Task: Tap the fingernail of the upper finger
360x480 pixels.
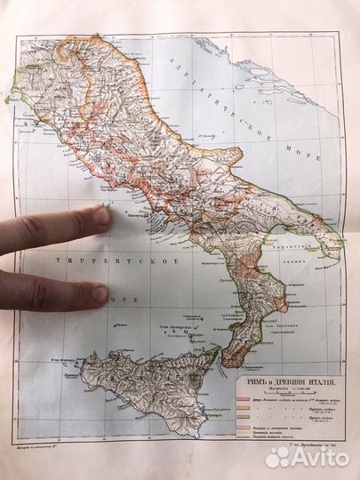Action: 102,215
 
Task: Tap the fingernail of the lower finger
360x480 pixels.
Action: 100,292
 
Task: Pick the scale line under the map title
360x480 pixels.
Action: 285,384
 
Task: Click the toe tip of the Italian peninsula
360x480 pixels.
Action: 225,362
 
